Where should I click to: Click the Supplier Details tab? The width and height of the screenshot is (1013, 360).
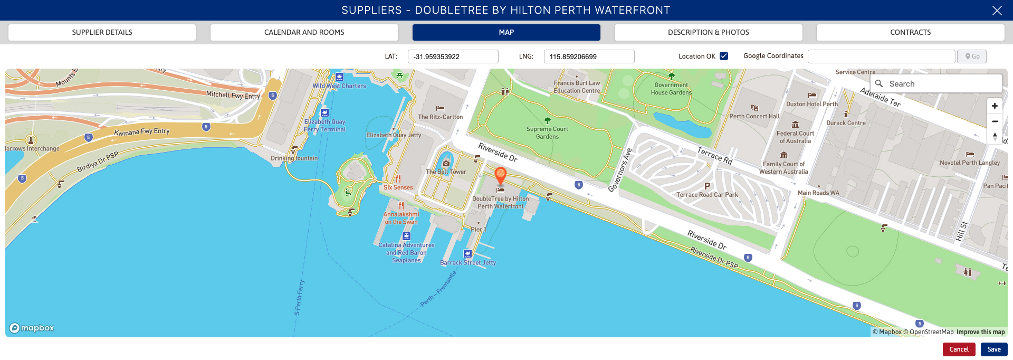click(102, 32)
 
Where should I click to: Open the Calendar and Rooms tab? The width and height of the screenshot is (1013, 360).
click(304, 32)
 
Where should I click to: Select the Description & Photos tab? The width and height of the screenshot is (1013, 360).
click(708, 32)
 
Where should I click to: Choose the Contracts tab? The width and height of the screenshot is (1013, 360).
click(910, 32)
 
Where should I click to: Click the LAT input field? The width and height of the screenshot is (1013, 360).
click(453, 56)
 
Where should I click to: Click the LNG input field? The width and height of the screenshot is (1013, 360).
click(589, 56)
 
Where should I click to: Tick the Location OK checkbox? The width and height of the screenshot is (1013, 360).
click(724, 56)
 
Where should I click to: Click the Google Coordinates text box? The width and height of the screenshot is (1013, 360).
click(881, 56)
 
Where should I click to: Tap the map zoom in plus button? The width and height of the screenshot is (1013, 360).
click(995, 106)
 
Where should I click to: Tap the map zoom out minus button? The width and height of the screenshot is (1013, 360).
click(995, 121)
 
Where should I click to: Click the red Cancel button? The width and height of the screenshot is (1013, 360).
click(959, 349)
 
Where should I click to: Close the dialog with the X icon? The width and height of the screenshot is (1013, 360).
click(997, 11)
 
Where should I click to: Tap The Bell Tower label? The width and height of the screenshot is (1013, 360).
click(446, 172)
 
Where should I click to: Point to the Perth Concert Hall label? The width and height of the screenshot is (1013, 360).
click(754, 116)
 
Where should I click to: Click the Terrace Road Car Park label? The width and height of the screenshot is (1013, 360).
click(707, 195)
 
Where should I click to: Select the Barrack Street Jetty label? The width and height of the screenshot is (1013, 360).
click(468, 262)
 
